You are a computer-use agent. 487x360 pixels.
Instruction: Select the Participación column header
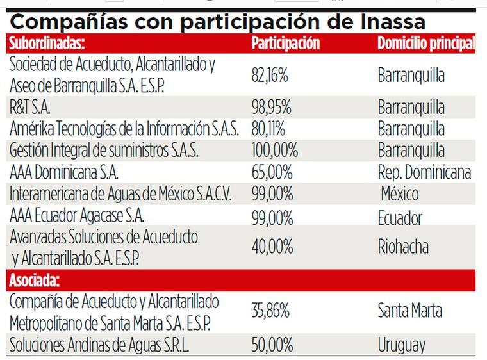pyautogui.click(x=285, y=44)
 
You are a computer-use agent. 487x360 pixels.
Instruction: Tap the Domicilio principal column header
pyautogui.click(x=426, y=44)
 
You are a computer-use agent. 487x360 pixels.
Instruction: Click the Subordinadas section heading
pyautogui.click(x=45, y=44)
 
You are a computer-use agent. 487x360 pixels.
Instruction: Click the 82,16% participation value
pyautogui.click(x=270, y=75)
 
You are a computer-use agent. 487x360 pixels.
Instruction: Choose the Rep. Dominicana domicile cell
pyautogui.click(x=425, y=172)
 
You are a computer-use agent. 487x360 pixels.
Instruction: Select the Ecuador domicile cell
pyautogui.click(x=400, y=217)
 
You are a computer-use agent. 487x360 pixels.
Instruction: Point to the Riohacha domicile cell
pyautogui.click(x=404, y=247)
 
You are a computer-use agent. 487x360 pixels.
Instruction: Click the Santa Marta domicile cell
pyautogui.click(x=410, y=311)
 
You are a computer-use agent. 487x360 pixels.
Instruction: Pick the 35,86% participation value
pyautogui.click(x=270, y=311)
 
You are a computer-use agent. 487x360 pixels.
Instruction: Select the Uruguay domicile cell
pyautogui.click(x=402, y=346)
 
